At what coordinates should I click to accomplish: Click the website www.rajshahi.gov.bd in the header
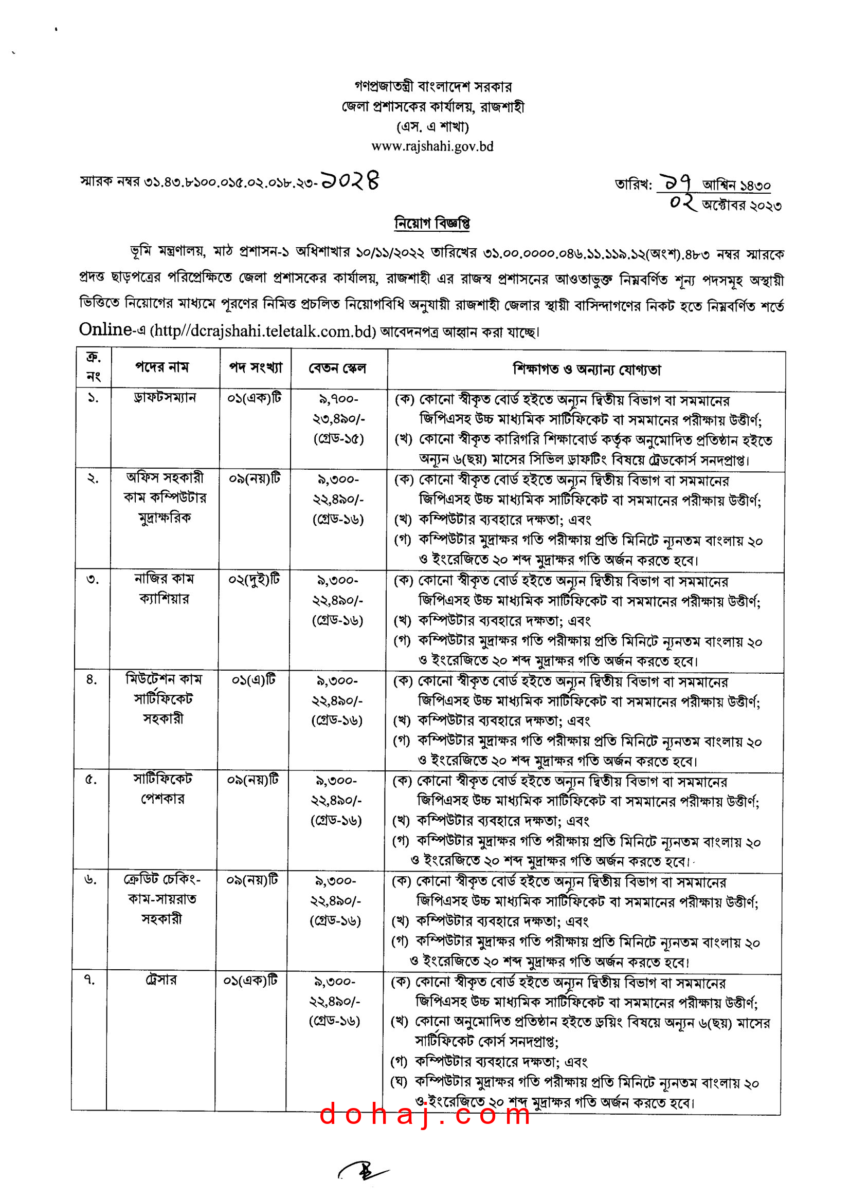click(432, 146)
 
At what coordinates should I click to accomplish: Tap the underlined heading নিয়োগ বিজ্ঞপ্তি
click(432, 224)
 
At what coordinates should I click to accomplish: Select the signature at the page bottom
click(364, 1171)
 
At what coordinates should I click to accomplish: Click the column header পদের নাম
click(162, 367)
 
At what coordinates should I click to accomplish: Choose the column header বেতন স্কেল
click(337, 368)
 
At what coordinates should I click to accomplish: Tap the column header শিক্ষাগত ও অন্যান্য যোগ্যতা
click(586, 370)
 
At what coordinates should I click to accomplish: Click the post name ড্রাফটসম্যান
click(165, 398)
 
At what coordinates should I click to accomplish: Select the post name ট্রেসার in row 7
click(161, 979)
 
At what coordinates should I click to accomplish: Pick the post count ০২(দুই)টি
click(254, 579)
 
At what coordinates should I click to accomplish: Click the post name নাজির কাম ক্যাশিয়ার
click(164, 588)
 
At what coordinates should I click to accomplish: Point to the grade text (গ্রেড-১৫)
click(338, 438)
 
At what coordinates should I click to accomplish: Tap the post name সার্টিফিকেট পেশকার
click(162, 789)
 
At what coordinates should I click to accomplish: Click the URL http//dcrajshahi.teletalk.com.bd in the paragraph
click(263, 331)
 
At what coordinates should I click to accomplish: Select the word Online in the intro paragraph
click(105, 329)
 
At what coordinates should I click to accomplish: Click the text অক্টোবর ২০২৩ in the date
click(742, 206)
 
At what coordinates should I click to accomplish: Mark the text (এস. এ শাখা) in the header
click(432, 126)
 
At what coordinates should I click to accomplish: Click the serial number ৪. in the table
click(92, 679)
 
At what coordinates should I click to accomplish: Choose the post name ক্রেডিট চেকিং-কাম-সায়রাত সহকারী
click(162, 899)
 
